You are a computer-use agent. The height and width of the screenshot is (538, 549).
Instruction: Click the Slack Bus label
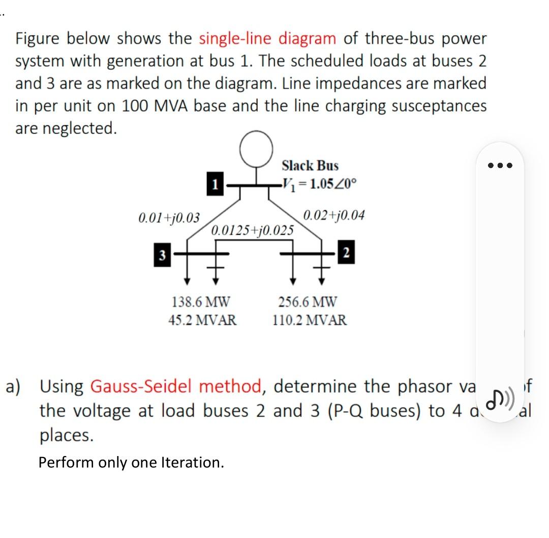point(310,166)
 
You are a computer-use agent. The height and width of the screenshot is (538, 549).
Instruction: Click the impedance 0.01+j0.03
point(169,218)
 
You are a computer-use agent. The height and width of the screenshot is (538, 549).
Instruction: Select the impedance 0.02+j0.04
point(333,215)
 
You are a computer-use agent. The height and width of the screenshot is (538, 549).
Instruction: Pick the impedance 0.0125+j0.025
point(252,230)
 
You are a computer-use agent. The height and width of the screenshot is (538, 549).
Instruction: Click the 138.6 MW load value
point(201,302)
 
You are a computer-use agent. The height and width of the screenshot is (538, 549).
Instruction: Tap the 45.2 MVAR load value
point(202,321)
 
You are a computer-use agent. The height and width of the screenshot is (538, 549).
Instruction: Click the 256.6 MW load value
point(308,302)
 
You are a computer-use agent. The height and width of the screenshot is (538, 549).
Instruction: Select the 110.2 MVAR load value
point(310,321)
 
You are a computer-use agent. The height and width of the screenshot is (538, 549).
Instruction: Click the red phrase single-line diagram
point(267,39)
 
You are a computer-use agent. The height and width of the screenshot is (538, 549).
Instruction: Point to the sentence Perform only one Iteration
point(131,463)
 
